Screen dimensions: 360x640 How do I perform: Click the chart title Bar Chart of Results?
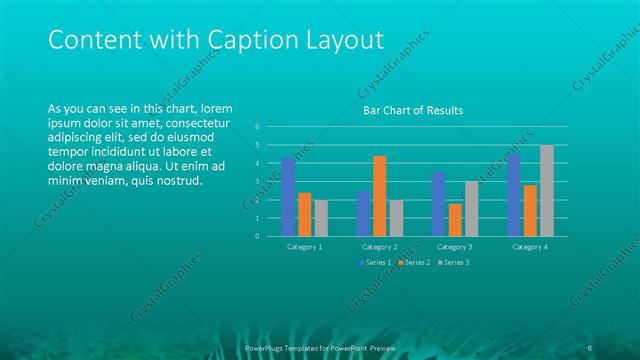tap(412, 110)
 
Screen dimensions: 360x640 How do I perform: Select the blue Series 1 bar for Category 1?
tap(288, 197)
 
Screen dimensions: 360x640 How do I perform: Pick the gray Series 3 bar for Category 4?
tap(546, 191)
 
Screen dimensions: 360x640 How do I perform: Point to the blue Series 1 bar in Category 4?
tap(514, 195)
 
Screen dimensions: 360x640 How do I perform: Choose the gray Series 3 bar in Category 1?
tap(320, 218)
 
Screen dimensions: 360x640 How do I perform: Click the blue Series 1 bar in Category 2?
tap(364, 213)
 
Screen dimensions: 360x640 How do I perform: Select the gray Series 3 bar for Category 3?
tap(470, 209)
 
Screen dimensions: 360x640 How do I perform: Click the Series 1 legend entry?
tap(375, 262)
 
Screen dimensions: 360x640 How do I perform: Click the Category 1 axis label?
tap(304, 246)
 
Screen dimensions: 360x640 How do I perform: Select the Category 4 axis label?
tap(530, 246)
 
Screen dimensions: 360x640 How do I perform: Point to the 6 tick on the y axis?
tap(257, 127)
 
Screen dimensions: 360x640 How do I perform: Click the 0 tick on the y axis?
tap(257, 237)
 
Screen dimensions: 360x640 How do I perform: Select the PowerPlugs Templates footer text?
tap(320, 347)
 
